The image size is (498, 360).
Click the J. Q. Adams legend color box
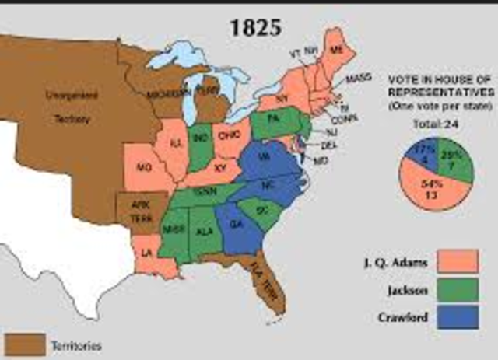[457, 261]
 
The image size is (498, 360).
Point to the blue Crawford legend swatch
[457, 316]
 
